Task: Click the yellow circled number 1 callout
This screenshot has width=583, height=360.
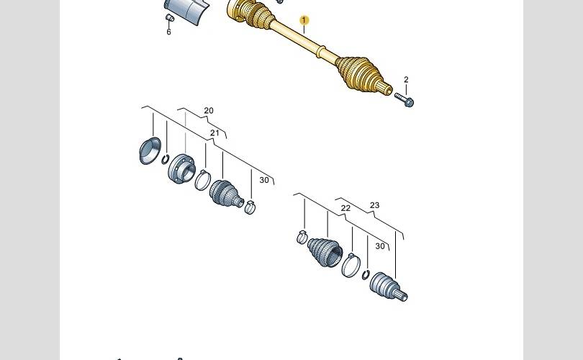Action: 304,21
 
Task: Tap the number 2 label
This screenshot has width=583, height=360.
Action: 406,80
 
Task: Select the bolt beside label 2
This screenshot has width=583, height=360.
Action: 405,99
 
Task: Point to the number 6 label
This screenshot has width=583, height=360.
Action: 169,32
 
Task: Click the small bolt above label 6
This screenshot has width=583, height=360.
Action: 169,18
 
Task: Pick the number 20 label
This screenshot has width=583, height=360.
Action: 209,111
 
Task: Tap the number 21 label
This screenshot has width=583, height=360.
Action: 214,133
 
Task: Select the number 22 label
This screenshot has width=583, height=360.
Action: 345,208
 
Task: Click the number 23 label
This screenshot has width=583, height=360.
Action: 374,206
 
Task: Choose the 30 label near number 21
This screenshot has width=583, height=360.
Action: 264,180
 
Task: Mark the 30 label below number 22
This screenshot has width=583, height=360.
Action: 380,246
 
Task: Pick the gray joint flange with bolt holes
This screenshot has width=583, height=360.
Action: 181,169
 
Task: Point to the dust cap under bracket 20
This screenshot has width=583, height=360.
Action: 149,150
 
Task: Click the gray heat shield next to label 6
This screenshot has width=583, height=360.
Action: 192,14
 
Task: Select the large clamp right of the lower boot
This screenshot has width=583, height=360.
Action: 351,264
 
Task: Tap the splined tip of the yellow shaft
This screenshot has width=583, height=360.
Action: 386,90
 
